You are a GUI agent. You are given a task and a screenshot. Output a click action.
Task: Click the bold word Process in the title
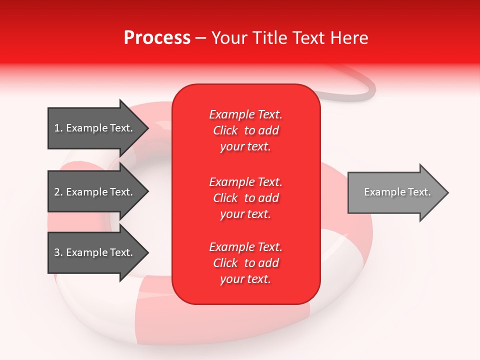coord(157,38)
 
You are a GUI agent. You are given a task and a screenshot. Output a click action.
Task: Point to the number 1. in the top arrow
coord(58,128)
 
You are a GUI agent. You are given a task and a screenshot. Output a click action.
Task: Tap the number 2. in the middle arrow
coord(58,192)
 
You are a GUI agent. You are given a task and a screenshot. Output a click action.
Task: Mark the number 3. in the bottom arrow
coord(58,252)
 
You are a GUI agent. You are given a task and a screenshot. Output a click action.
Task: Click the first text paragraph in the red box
coord(245,130)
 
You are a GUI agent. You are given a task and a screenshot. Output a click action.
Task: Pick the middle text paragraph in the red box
coord(245,198)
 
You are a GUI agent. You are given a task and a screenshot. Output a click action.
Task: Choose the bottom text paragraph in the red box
coord(245,263)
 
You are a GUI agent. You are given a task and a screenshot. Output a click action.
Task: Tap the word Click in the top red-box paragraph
coord(225,130)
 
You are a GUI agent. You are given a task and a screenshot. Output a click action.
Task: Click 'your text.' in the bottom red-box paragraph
coord(245,279)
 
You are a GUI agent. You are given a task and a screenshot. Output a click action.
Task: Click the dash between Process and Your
coord(201,38)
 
